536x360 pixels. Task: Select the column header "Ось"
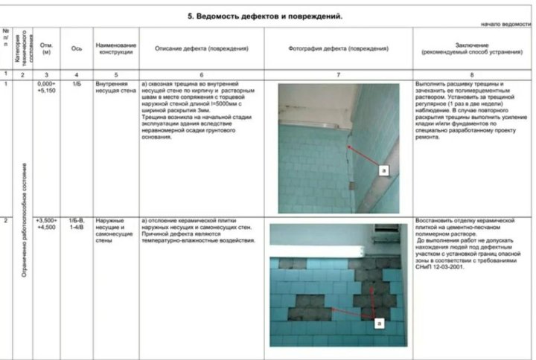(x=76, y=48)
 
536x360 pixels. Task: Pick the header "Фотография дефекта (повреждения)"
(x=338, y=48)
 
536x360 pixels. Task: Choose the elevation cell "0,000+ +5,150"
(x=47, y=89)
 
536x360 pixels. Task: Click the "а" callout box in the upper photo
(x=383, y=170)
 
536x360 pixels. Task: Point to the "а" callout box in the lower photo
(x=379, y=324)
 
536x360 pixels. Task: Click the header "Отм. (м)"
(x=47, y=48)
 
